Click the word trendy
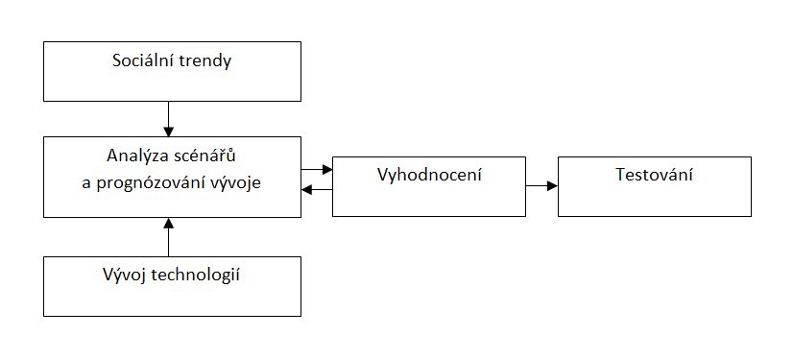[x=203, y=63]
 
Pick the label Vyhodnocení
[x=428, y=176]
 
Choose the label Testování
[x=653, y=176]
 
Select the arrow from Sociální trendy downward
[x=168, y=117]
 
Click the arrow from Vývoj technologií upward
[x=168, y=237]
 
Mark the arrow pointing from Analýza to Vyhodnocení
[x=316, y=170]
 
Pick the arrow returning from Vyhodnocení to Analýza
[x=316, y=189]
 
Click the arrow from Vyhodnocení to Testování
[x=541, y=185]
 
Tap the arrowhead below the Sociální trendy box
[x=168, y=132]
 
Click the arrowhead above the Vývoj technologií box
[x=168, y=223]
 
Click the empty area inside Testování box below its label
[x=653, y=200]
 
